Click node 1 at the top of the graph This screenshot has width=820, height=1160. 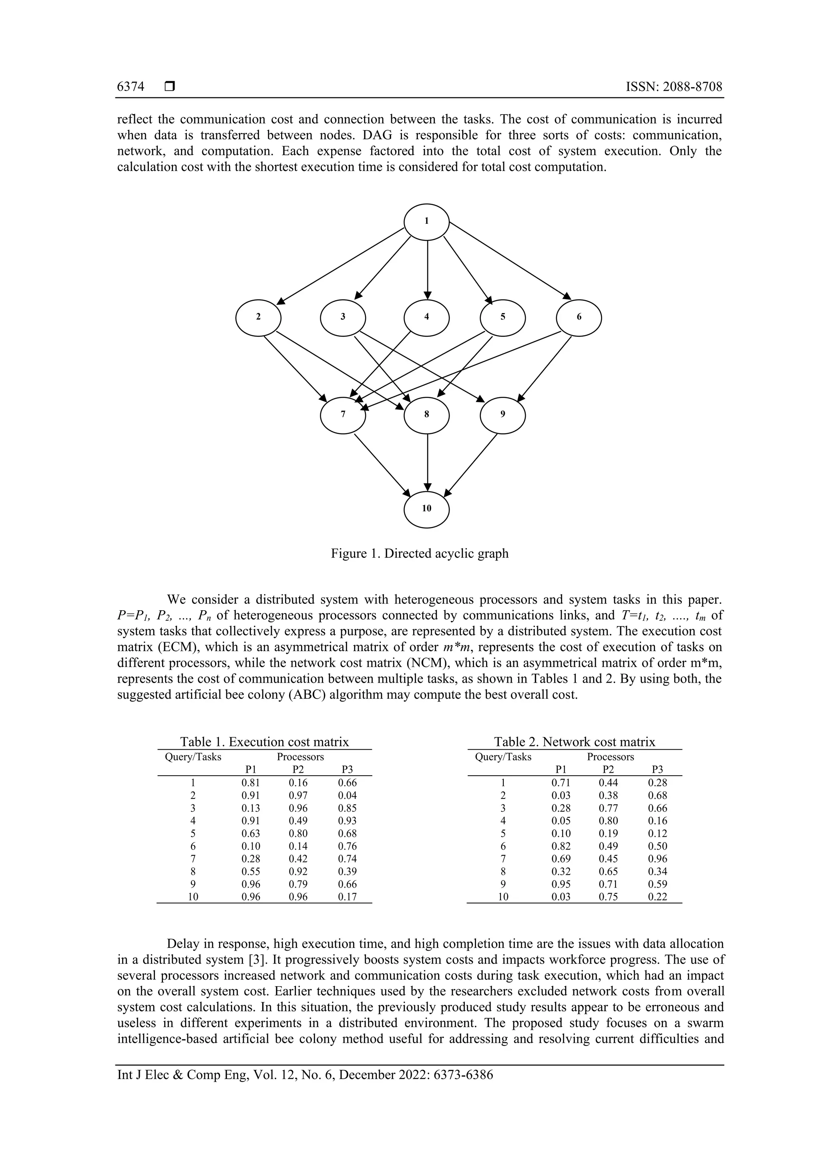tap(426, 221)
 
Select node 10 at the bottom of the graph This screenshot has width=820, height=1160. tap(426, 508)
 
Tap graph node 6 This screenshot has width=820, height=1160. tap(579, 317)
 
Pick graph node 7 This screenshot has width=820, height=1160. tap(343, 415)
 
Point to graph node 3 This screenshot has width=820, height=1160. tap(343, 317)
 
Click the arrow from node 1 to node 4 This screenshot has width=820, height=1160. tap(428, 268)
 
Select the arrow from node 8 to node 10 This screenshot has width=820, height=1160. tap(428, 462)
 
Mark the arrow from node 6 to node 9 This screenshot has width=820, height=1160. tap(546, 368)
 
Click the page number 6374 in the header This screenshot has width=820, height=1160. tap(131, 87)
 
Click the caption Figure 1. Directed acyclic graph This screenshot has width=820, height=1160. tap(419, 554)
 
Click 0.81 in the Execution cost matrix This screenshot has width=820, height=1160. tap(251, 782)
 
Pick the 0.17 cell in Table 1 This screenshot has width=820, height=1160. tap(347, 897)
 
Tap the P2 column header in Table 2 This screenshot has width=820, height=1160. tap(608, 770)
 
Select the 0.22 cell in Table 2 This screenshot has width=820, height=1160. tap(657, 897)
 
